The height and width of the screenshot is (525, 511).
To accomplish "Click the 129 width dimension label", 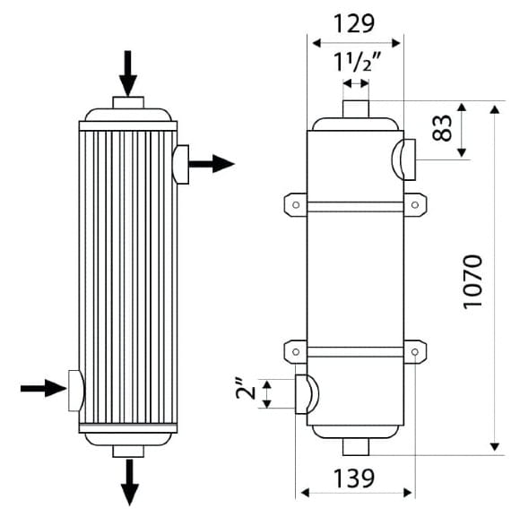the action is [x=354, y=23].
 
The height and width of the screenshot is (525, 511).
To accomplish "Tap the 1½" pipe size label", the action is [x=357, y=63].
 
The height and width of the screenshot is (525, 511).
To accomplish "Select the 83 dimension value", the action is [x=442, y=127].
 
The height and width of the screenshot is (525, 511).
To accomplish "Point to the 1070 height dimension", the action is [x=472, y=281].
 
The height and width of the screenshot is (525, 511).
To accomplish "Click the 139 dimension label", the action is [x=354, y=478].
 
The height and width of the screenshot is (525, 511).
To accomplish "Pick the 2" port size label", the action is [x=246, y=389].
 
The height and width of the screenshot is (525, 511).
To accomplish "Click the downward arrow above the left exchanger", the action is [x=127, y=73].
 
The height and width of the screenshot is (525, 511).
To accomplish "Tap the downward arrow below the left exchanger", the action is [x=130, y=482].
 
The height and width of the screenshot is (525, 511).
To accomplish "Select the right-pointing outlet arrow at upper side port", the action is [x=212, y=164].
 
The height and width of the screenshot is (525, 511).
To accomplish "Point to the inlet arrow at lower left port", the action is [x=44, y=388].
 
